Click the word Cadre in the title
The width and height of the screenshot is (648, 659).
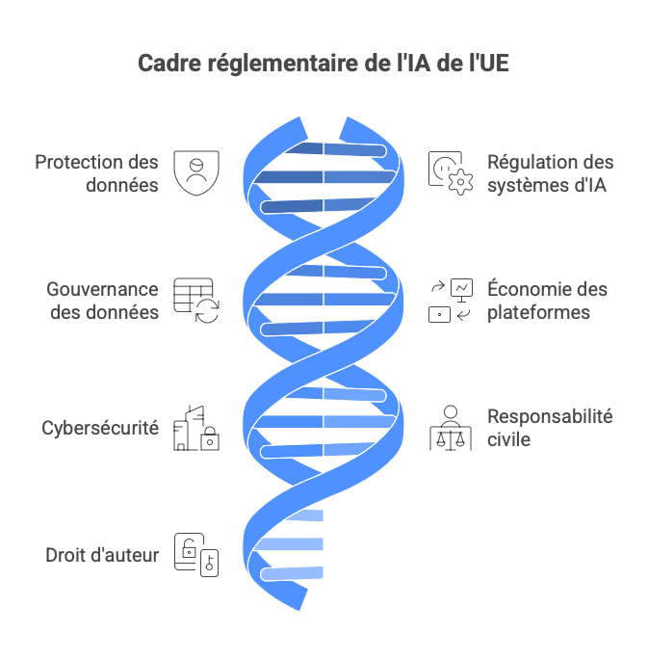click(x=169, y=63)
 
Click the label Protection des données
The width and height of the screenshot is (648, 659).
click(x=96, y=173)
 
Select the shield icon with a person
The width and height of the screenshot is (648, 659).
click(x=196, y=172)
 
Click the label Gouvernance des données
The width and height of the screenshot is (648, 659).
click(x=102, y=301)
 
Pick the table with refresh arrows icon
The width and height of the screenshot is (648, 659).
click(x=196, y=301)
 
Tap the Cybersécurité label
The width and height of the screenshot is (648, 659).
click(x=100, y=428)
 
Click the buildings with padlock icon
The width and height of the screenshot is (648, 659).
click(x=196, y=429)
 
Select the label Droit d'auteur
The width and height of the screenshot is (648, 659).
click(x=102, y=555)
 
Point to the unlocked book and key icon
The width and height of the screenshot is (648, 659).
click(x=196, y=555)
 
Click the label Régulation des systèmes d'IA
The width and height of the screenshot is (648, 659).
click(x=550, y=173)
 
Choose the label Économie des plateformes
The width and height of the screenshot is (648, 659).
click(x=547, y=301)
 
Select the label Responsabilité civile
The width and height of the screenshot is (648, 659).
click(x=550, y=428)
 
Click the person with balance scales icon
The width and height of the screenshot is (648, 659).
click(x=451, y=429)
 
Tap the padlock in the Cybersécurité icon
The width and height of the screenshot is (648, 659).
click(x=210, y=438)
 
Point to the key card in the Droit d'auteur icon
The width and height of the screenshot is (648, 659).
click(x=210, y=563)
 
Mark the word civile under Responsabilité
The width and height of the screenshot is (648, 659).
click(x=508, y=439)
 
